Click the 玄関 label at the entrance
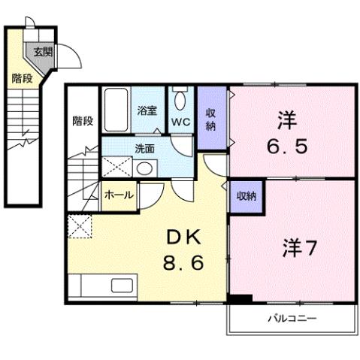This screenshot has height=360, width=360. pos(43,52)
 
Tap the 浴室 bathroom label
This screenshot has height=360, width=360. pos(147,110)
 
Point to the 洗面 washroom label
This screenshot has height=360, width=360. pos(146,148)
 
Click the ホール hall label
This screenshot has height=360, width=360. pos(119,195)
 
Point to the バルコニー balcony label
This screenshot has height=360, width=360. pos(292,318)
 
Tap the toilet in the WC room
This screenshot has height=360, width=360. pos(180,100)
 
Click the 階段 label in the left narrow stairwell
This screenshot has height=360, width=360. pos(21,78)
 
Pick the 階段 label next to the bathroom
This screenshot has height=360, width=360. pos(83,120)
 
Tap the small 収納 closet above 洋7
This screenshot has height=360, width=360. pos(246,195)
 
